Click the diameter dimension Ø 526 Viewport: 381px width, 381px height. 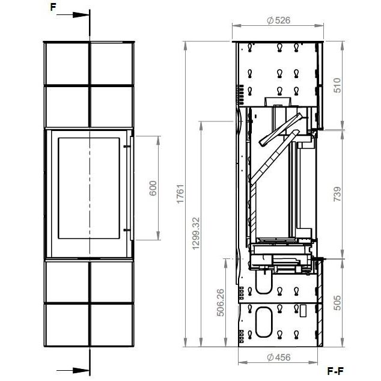pos(278,20)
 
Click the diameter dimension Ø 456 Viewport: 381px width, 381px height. pos(278,357)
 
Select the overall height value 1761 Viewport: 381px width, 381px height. pos(180,194)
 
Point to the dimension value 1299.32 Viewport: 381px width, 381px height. pos(196,233)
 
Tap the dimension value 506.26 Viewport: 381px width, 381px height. pos(221,302)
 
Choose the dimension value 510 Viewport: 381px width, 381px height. pos(337,85)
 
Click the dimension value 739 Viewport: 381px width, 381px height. pos(337,194)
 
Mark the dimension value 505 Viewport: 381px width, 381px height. pos(337,302)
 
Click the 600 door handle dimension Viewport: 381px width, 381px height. pos(153,188)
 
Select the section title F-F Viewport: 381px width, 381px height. pos(335,371)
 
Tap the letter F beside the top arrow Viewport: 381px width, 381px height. pos(53,7)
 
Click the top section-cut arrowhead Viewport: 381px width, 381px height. pos(81,15)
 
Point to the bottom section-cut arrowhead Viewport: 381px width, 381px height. pos(81,371)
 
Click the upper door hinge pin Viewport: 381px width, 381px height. pos(127,146)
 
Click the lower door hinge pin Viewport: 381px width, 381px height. pos(127,230)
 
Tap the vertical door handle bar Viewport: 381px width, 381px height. pos(132,188)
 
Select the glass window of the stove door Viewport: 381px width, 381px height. pos(89,188)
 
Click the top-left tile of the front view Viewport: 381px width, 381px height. pos(67,64)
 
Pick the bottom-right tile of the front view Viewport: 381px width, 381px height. pos(112,325)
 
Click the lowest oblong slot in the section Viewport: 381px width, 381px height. pos(264,322)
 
